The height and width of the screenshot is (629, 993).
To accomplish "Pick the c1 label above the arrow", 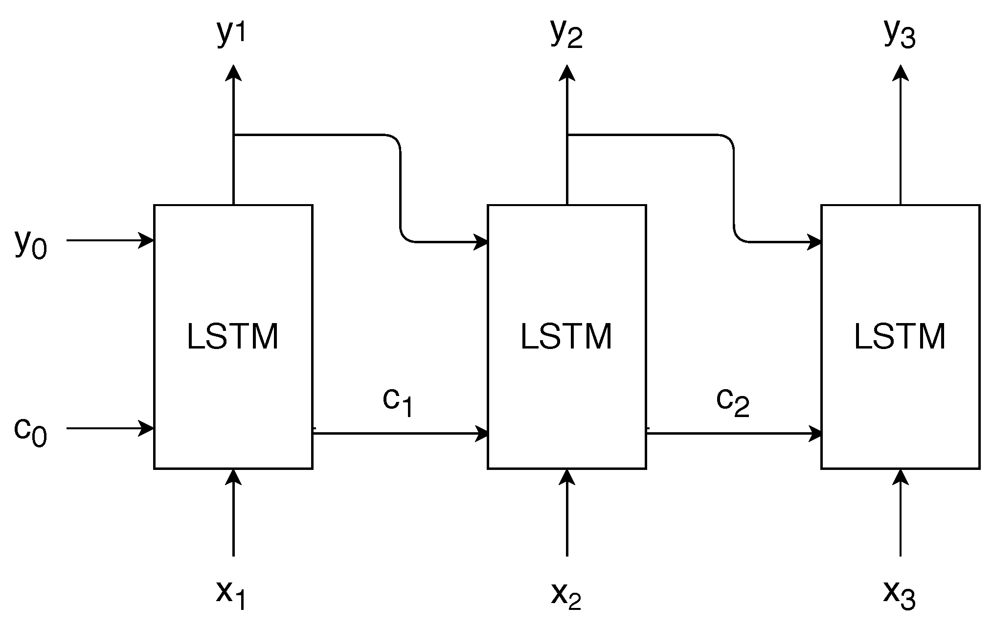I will coord(398,402).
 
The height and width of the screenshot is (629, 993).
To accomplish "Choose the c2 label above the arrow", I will coord(732,402).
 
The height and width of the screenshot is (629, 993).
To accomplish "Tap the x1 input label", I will coord(231,594).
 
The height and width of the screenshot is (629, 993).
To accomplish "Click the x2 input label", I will coord(566,594).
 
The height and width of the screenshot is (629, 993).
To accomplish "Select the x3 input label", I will coord(900,594).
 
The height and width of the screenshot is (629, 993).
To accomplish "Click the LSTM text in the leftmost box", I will coord(233,337).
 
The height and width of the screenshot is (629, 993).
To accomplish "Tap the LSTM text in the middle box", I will coord(566,337).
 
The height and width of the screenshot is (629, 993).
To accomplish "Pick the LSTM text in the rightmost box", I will coord(900,337).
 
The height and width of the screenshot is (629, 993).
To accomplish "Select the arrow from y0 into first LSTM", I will coord(110,240).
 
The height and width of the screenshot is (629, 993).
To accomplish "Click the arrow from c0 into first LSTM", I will coord(110,428).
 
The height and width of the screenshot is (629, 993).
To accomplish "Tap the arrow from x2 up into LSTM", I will coord(567,514).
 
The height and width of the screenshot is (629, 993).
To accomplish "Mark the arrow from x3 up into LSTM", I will coord(901,514).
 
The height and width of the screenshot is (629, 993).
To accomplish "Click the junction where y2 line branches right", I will coord(567,135).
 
